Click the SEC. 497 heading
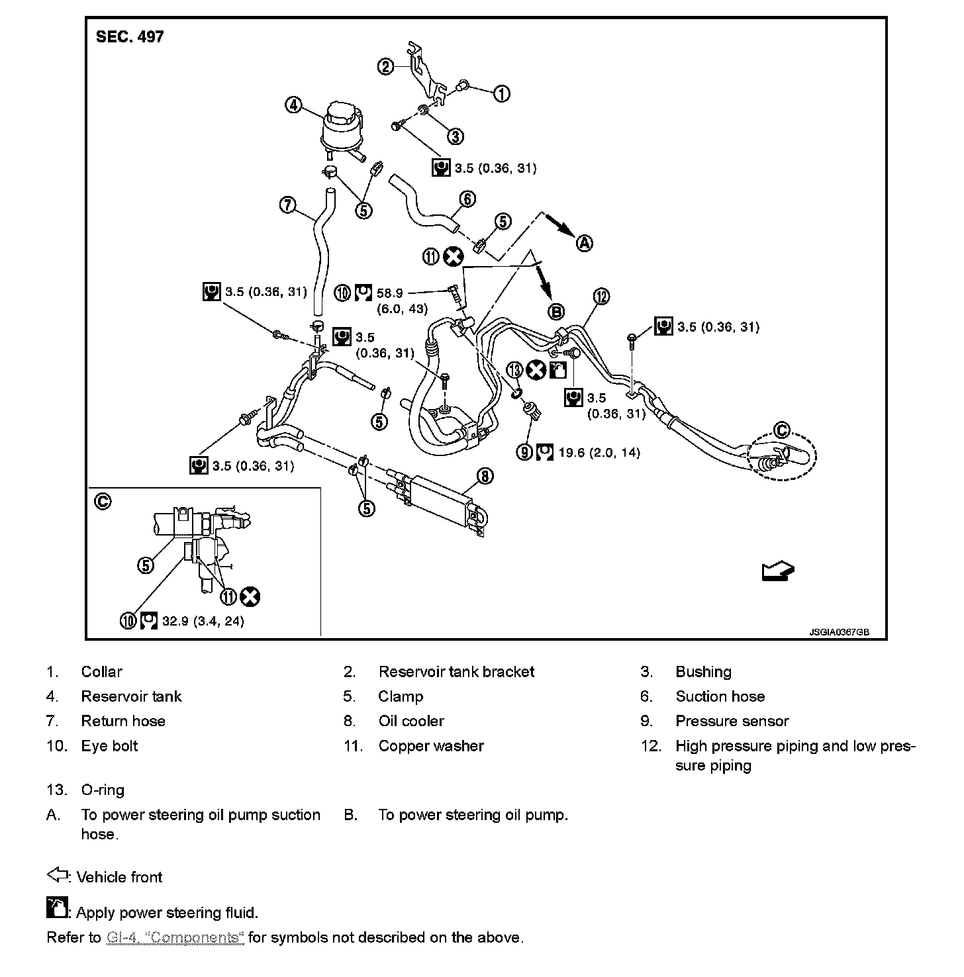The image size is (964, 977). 130,37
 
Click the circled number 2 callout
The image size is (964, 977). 385,66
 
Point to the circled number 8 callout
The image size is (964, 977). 485,475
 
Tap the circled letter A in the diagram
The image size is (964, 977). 584,244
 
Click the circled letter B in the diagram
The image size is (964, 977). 556,311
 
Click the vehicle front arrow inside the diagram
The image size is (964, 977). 777,571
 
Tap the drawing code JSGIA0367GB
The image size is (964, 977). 838,632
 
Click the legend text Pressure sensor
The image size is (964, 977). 732,721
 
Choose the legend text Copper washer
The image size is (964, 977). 431,746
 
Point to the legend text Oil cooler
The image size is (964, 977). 411,721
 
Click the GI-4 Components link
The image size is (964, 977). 175,937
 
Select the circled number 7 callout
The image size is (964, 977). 287,205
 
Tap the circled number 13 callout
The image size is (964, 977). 515,369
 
